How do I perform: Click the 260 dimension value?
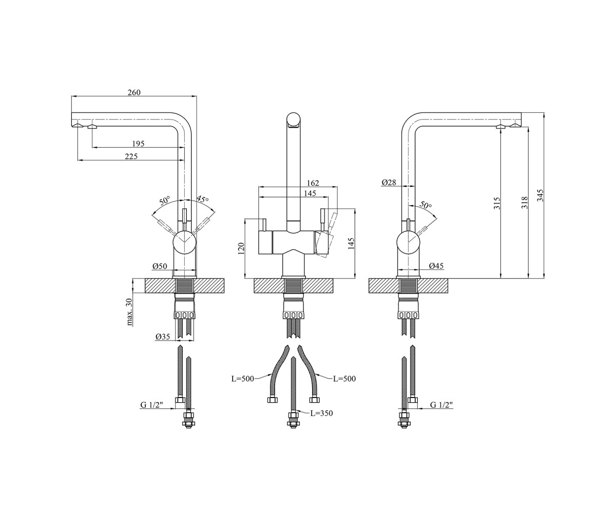134,92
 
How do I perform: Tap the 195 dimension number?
138,144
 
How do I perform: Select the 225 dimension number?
131,156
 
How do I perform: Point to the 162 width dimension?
313,183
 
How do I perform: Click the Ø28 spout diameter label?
389,183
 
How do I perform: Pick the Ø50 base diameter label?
160,266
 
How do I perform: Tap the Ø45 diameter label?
436,266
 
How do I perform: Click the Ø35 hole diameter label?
163,337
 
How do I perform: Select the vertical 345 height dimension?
540,195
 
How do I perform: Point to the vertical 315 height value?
497,204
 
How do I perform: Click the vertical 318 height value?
525,203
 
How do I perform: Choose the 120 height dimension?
241,248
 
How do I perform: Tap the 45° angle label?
202,199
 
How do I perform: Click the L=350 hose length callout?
321,413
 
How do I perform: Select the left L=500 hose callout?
242,379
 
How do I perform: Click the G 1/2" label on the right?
441,405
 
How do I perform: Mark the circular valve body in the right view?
408,242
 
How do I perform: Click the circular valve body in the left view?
184,242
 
